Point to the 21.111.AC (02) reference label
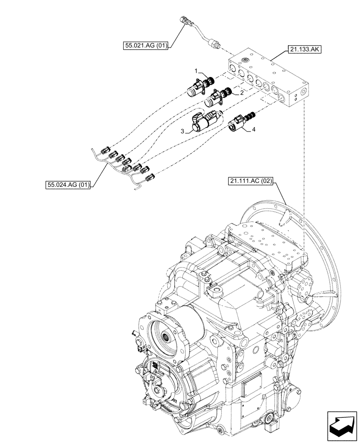coord(251,181)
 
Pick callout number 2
coord(242,93)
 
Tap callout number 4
coord(254,129)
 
